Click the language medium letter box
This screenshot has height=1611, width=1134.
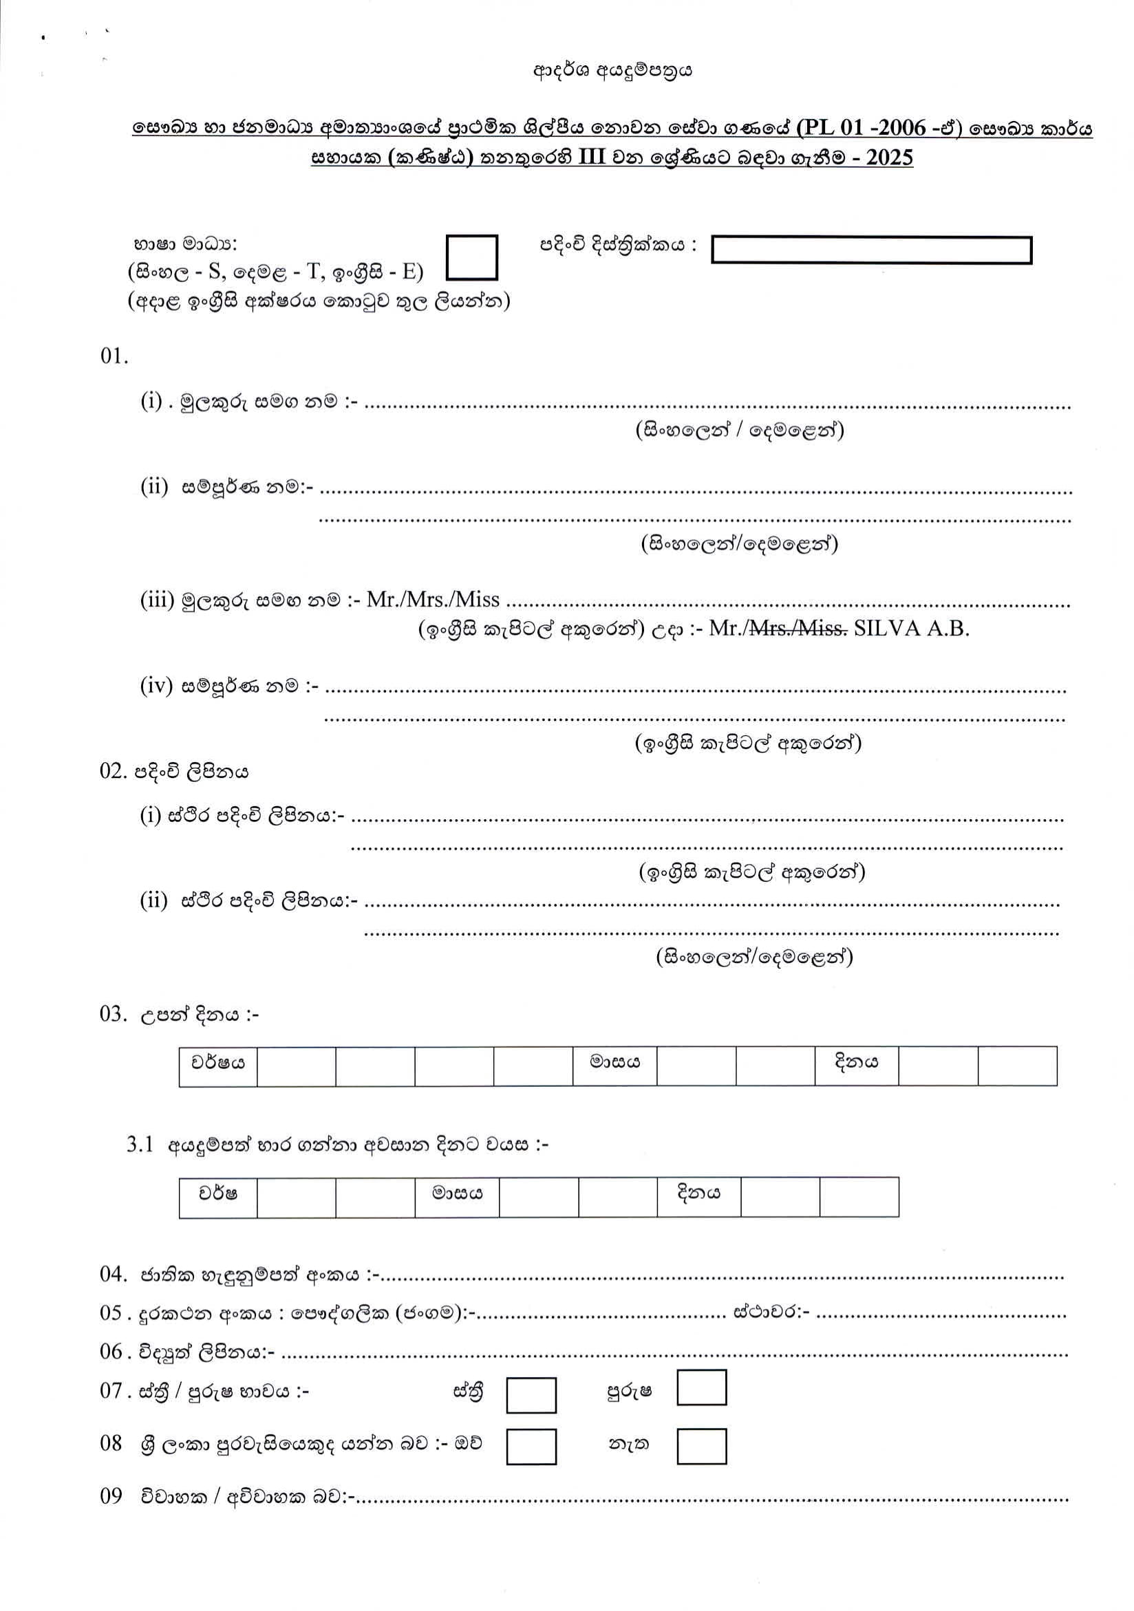(471, 257)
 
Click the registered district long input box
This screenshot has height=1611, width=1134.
(871, 250)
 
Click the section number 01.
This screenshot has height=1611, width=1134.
(114, 356)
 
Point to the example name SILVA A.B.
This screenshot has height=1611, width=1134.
(912, 628)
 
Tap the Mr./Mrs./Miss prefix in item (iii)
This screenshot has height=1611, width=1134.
(433, 599)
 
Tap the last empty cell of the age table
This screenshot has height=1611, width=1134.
(858, 1197)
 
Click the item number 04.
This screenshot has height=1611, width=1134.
(112, 1274)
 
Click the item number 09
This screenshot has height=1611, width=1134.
(111, 1497)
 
